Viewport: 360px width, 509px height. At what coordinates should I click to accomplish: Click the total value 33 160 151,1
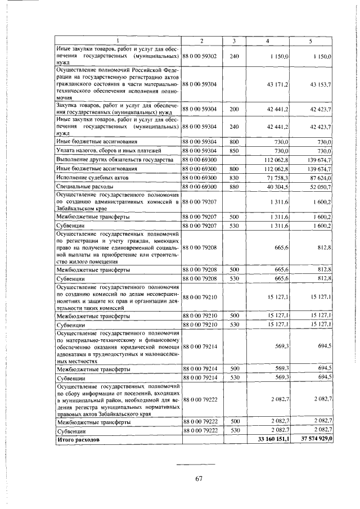(x=273, y=439)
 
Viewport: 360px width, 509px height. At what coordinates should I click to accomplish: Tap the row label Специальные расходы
(x=85, y=186)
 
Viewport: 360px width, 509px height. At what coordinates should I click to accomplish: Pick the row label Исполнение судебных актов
(x=92, y=177)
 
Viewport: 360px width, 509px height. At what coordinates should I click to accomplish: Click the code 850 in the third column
(x=235, y=151)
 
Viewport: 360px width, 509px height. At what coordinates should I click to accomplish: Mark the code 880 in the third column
(x=235, y=186)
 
